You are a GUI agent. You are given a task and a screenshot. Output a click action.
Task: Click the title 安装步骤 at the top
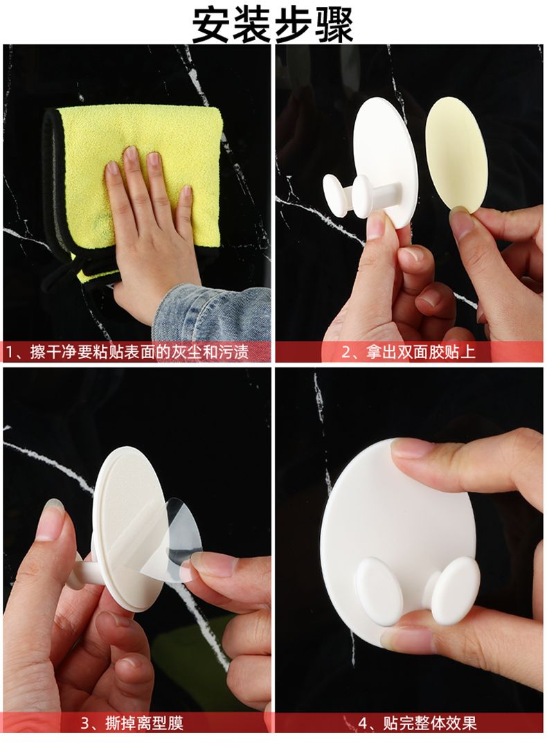coord(273,24)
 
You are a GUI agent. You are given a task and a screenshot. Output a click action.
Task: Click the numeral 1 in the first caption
coord(11,353)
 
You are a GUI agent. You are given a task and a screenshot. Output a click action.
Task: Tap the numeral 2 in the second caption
coord(347,353)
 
